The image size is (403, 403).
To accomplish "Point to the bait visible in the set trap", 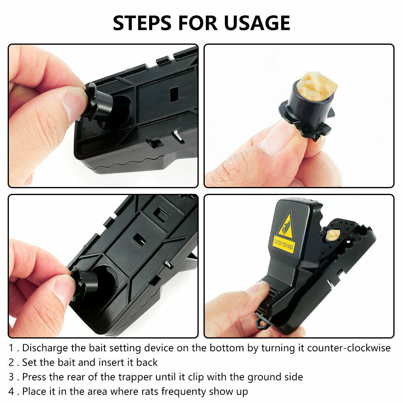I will (x=332, y=235).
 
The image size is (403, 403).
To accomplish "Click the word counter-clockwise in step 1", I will (x=349, y=348).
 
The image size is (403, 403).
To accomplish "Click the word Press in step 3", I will (x=34, y=377).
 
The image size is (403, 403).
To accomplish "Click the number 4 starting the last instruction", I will (x=12, y=391).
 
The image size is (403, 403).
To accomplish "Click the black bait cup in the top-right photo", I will (x=306, y=111).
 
